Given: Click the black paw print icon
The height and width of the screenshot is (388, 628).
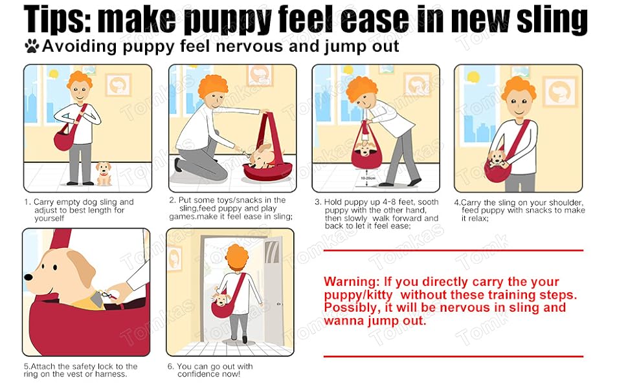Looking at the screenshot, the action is pos(32,46).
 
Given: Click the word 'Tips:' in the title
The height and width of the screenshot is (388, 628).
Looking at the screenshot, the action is pos(58,19).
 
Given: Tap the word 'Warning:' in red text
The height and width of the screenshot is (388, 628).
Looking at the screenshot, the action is pos(351,281).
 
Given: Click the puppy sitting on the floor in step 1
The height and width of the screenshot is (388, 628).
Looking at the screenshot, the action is pos(104,173).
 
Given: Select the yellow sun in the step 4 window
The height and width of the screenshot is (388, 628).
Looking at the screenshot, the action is pos(473,77).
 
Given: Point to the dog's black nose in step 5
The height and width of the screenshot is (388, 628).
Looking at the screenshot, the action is pos(28,277).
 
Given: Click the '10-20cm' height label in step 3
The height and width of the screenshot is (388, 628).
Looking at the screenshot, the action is pos(368,178).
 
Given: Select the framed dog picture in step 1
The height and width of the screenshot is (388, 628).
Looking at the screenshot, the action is pos(118,85).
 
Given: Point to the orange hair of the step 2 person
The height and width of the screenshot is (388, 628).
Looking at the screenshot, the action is pos(213,86).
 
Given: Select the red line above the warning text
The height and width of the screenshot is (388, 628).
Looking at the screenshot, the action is pos(453,251).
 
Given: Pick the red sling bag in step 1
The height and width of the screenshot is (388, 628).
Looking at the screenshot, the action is pos(64,138).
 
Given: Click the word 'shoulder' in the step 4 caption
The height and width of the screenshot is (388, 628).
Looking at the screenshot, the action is pos(566,202).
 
